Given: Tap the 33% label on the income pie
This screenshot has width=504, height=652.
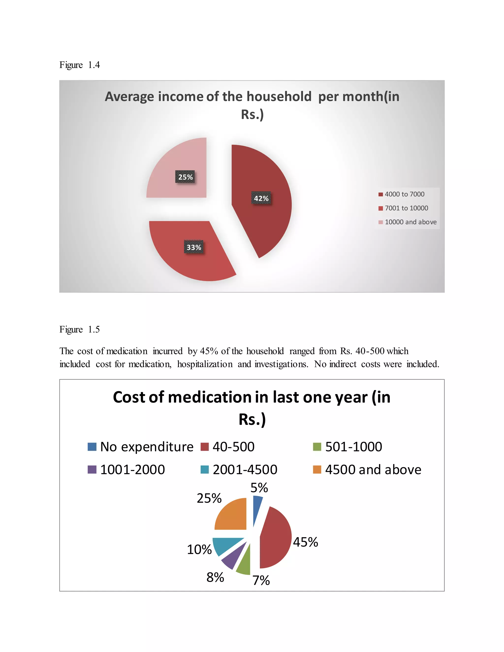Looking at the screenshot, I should [194, 247].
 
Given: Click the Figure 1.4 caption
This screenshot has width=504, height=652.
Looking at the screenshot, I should [79, 65].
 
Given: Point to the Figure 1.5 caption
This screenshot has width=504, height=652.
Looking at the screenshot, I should [79, 329].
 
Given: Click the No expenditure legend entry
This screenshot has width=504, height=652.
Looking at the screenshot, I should [141, 447].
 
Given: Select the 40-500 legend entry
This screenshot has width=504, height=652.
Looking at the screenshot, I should [228, 447].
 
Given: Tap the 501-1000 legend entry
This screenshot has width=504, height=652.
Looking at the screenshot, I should [347, 447].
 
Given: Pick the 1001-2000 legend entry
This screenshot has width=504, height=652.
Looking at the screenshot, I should [126, 470].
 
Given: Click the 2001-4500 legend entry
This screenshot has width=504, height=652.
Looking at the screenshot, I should [239, 470].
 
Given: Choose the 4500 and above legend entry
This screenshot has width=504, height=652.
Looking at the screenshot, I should [367, 470].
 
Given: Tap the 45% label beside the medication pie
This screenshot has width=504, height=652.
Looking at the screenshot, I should [305, 542].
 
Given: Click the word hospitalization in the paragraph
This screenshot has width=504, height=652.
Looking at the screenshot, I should [205, 364].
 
